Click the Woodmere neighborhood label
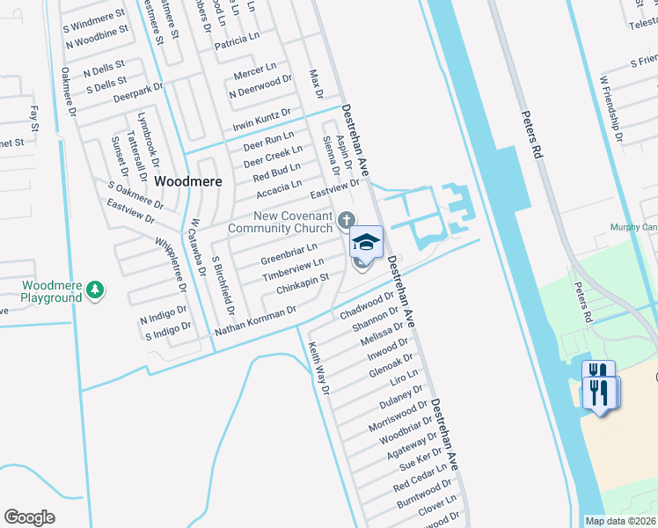pyautogui.click(x=187, y=180)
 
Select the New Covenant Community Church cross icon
pyautogui.click(x=347, y=218)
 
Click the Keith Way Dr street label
pyautogui.click(x=317, y=368)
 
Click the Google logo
pyautogui.click(x=29, y=517)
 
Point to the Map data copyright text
pyautogui.click(x=621, y=521)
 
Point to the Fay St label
pyautogui.click(x=34, y=119)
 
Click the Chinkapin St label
pyautogui.click(x=302, y=283)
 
